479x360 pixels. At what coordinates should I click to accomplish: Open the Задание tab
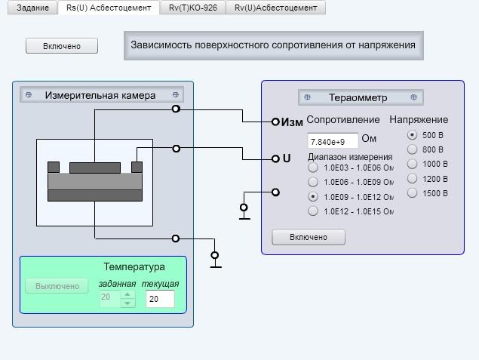pyautogui.click(x=32, y=8)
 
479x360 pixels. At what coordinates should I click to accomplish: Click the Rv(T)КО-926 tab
pyautogui.click(x=193, y=8)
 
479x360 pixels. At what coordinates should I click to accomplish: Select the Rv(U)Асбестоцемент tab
pyautogui.click(x=275, y=8)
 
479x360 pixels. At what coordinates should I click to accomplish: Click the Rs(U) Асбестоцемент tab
pyautogui.click(x=109, y=8)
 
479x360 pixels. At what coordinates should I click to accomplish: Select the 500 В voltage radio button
pyautogui.click(x=412, y=135)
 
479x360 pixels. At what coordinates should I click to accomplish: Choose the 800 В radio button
pyautogui.click(x=412, y=149)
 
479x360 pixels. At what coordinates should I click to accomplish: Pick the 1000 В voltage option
pyautogui.click(x=412, y=164)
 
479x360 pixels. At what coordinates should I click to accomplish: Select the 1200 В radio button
pyautogui.click(x=412, y=178)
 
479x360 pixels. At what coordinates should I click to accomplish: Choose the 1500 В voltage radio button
pyautogui.click(x=412, y=193)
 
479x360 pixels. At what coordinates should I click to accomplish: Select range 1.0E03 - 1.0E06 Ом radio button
pyautogui.click(x=313, y=168)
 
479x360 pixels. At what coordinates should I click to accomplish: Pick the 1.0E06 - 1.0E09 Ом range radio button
pyautogui.click(x=313, y=182)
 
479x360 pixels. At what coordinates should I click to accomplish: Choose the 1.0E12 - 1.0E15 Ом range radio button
pyautogui.click(x=313, y=211)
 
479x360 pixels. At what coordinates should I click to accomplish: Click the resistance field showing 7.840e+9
pyautogui.click(x=333, y=141)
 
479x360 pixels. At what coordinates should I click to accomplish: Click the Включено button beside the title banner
pyautogui.click(x=62, y=46)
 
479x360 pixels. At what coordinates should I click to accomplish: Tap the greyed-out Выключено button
pyautogui.click(x=57, y=286)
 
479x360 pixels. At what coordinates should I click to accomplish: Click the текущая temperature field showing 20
pyautogui.click(x=160, y=299)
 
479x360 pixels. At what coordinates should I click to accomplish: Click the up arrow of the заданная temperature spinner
pyautogui.click(x=127, y=294)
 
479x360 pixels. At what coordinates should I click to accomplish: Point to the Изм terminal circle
pyautogui.click(x=275, y=122)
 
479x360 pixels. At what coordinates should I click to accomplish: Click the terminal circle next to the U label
pyautogui.click(x=275, y=158)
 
